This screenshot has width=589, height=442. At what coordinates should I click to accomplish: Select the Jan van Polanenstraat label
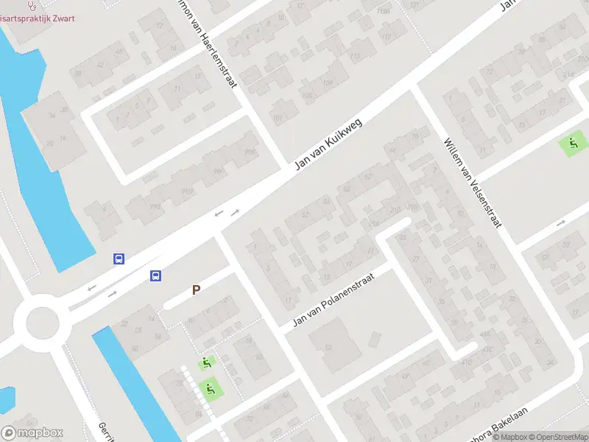(x=333, y=299)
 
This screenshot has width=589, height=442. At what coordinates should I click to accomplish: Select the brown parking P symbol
(x=196, y=290)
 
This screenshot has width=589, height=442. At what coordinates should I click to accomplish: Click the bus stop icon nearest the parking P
(x=155, y=276)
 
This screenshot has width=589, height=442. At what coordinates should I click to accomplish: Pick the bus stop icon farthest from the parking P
(x=119, y=259)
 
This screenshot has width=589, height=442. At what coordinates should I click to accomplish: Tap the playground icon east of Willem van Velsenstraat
(x=571, y=143)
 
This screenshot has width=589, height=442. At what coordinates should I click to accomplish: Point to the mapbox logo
(x=32, y=433)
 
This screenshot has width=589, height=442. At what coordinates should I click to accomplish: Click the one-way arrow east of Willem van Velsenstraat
(x=561, y=222)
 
